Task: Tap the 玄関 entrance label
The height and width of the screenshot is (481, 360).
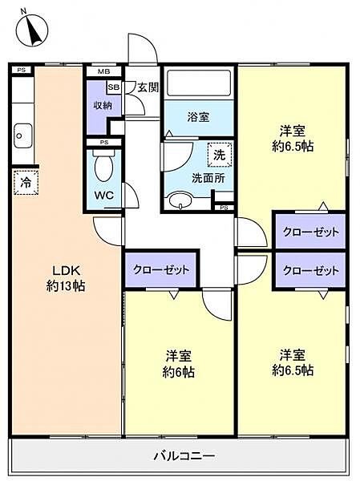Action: click(147, 87)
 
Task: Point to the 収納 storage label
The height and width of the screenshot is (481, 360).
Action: click(102, 104)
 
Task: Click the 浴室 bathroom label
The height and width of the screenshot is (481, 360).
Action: click(199, 117)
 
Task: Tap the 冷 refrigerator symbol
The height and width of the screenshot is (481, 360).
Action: click(25, 182)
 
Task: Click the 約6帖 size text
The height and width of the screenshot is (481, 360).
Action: click(179, 372)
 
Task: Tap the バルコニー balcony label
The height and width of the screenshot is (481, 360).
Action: click(184, 456)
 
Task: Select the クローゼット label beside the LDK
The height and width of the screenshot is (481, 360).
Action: click(161, 269)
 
